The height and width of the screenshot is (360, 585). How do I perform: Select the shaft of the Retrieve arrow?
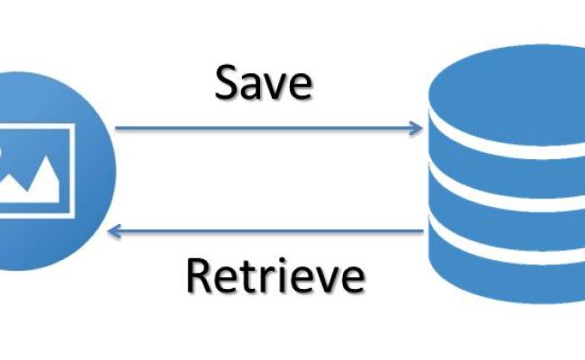point(270,232)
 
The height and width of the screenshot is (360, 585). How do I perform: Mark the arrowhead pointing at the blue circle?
point(113,232)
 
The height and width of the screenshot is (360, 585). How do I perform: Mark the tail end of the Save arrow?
point(118,128)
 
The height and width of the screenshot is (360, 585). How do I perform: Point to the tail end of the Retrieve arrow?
point(421,232)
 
